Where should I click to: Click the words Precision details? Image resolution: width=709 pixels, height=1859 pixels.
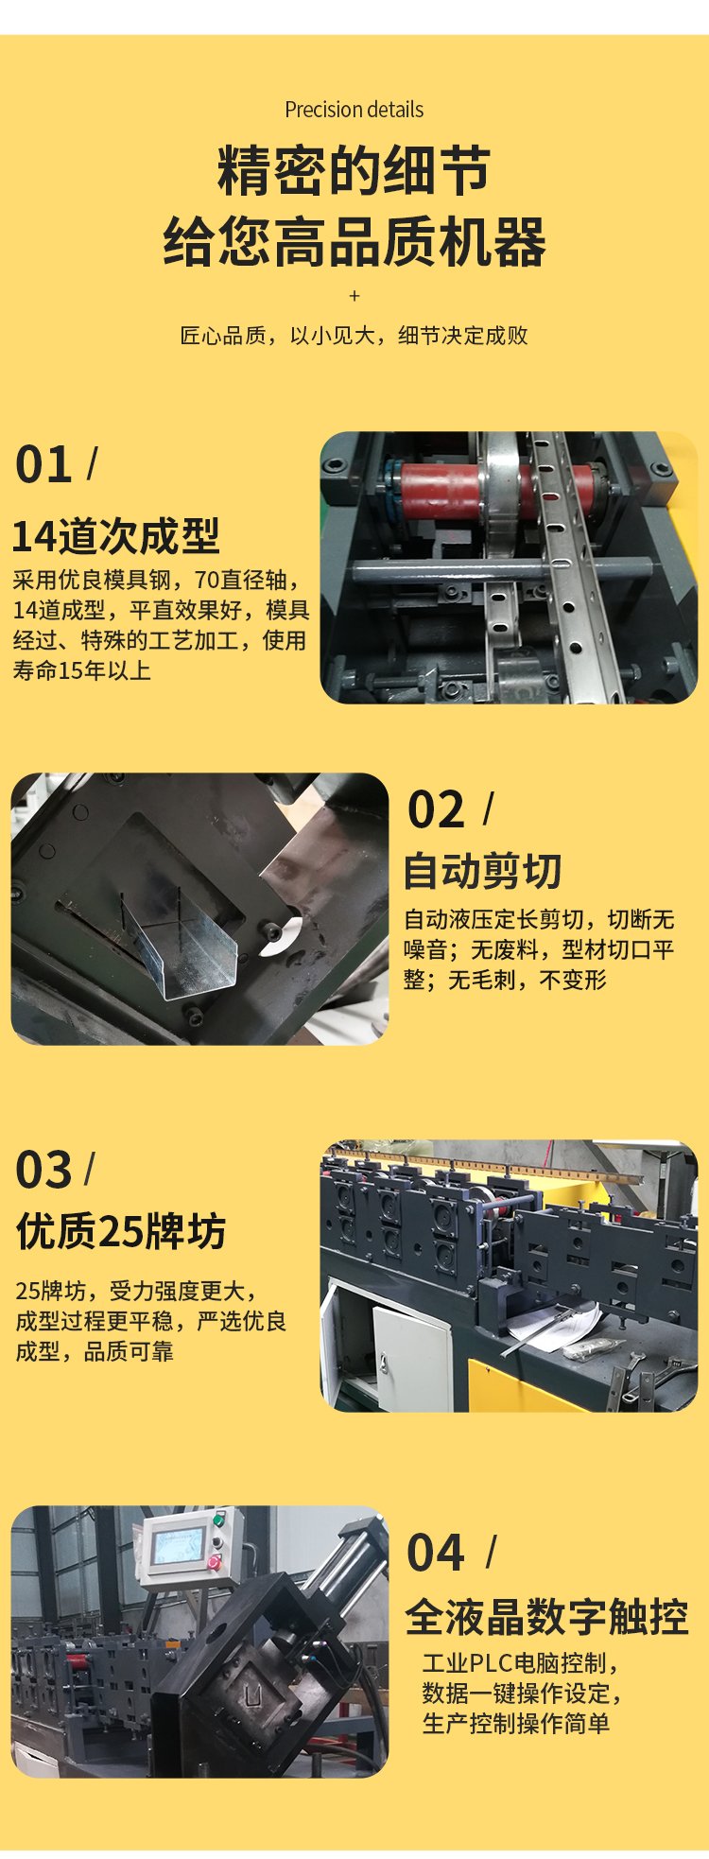point(354,110)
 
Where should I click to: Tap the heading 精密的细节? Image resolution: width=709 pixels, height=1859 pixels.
point(354,171)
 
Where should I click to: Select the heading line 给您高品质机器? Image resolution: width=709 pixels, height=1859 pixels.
point(354,242)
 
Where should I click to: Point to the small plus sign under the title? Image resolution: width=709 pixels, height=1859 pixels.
point(354,296)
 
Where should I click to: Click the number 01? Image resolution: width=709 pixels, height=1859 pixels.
point(43,465)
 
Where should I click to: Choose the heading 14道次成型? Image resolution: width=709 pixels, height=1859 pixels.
point(115,536)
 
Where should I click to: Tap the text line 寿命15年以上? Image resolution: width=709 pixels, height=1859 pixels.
point(81,670)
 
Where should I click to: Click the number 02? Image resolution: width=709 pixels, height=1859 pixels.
point(436,810)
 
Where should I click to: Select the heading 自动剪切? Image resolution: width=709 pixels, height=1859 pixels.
point(482,871)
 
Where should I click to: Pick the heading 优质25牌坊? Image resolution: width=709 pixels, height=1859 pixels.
point(121,1232)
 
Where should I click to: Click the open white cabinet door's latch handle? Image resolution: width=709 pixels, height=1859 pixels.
point(385,1363)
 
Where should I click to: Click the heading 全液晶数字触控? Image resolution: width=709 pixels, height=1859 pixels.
point(546,1617)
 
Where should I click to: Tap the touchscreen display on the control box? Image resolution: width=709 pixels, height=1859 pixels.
point(177,1545)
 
